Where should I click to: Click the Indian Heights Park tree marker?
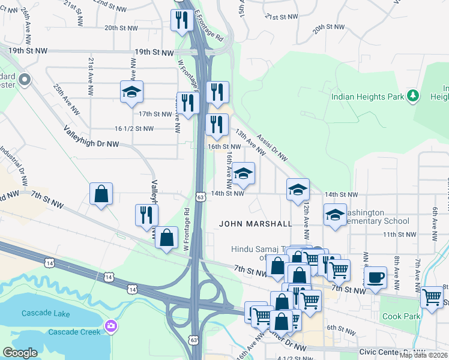pyautogui.click(x=412, y=95)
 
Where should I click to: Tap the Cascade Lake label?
pyautogui.click(x=46, y=314)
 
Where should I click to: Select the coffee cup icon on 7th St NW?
pyautogui.click(x=376, y=277)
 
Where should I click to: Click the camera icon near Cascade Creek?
pyautogui.click(x=110, y=326)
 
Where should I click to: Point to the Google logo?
pyautogui.click(x=20, y=352)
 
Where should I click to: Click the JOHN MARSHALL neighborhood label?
pyautogui.click(x=255, y=224)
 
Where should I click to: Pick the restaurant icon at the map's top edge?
pyautogui.click(x=180, y=20)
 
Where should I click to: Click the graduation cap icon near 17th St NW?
pyautogui.click(x=131, y=92)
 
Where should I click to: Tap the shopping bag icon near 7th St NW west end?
pyautogui.click(x=101, y=194)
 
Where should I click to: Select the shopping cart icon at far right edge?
pyautogui.click(x=431, y=296)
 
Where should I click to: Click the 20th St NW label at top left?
pyautogui.click(x=121, y=28)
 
